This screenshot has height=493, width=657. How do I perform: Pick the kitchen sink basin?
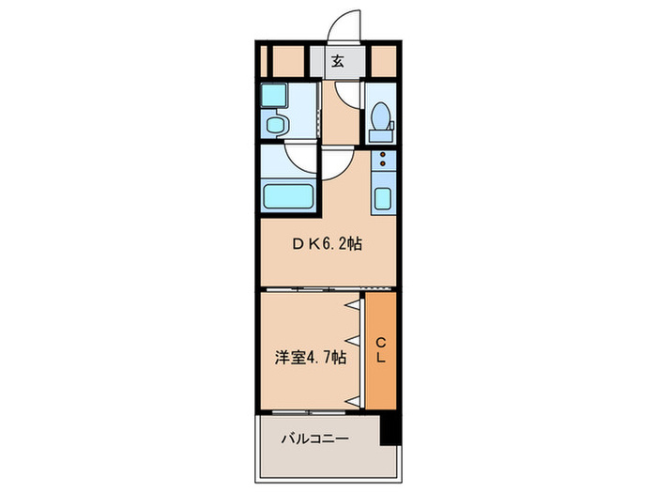(x=384, y=199)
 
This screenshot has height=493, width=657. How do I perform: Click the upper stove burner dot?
(x=383, y=158)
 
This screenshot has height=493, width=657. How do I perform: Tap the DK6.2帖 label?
(x=325, y=244)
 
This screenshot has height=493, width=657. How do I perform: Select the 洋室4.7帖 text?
(x=310, y=357)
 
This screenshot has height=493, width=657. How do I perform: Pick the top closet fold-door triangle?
(x=355, y=306)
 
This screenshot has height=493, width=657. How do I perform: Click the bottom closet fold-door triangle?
(x=355, y=401)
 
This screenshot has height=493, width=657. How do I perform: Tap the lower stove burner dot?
(x=383, y=169)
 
